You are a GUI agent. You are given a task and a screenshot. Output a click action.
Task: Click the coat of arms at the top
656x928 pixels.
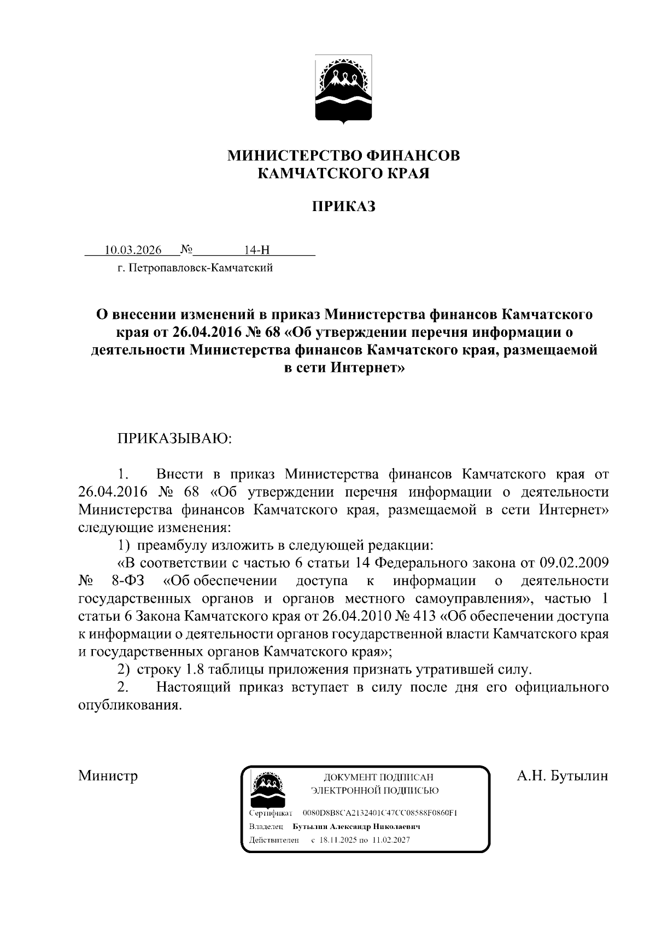click(x=344, y=90)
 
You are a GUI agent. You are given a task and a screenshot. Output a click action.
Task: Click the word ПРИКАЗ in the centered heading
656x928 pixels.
click(x=344, y=207)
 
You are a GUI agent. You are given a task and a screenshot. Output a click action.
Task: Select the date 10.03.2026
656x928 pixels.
click(x=133, y=250)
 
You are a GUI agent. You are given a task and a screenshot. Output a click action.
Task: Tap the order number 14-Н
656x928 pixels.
click(x=257, y=250)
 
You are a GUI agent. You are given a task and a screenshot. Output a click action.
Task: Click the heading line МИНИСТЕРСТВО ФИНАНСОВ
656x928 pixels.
click(x=344, y=156)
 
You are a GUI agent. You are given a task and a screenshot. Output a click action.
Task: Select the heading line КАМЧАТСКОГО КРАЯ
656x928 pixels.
click(x=344, y=174)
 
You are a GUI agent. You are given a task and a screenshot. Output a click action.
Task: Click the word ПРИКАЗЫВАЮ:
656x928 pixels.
click(x=174, y=439)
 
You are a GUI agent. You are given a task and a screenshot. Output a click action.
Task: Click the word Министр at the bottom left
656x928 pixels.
click(x=108, y=776)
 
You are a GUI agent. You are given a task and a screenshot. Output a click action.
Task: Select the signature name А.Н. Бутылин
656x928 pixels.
click(x=563, y=776)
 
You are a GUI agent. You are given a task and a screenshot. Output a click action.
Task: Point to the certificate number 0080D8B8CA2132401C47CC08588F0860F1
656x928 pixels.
click(x=379, y=813)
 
